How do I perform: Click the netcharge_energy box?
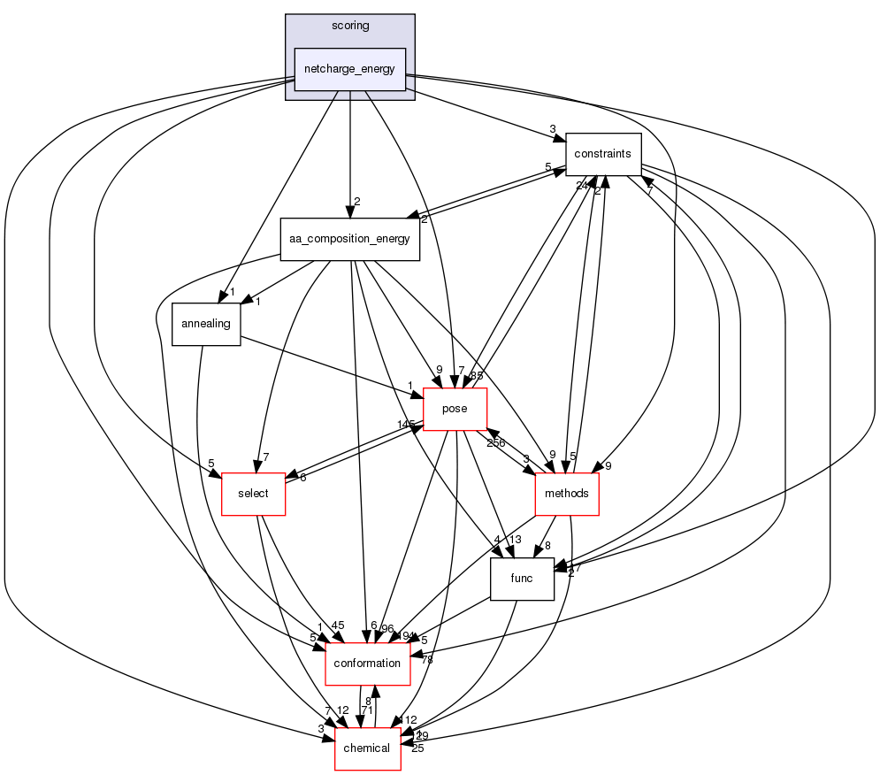click(350, 70)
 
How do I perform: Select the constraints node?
click(602, 153)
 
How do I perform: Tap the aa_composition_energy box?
click(350, 239)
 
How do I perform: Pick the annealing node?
click(205, 324)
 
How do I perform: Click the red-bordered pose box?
click(455, 409)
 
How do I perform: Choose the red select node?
click(253, 494)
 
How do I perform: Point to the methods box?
click(567, 494)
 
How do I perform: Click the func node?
click(522, 579)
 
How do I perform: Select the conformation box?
click(368, 664)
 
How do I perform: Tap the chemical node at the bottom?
click(366, 748)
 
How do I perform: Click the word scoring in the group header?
click(350, 26)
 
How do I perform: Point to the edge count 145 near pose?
click(406, 426)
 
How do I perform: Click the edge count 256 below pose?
click(495, 442)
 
